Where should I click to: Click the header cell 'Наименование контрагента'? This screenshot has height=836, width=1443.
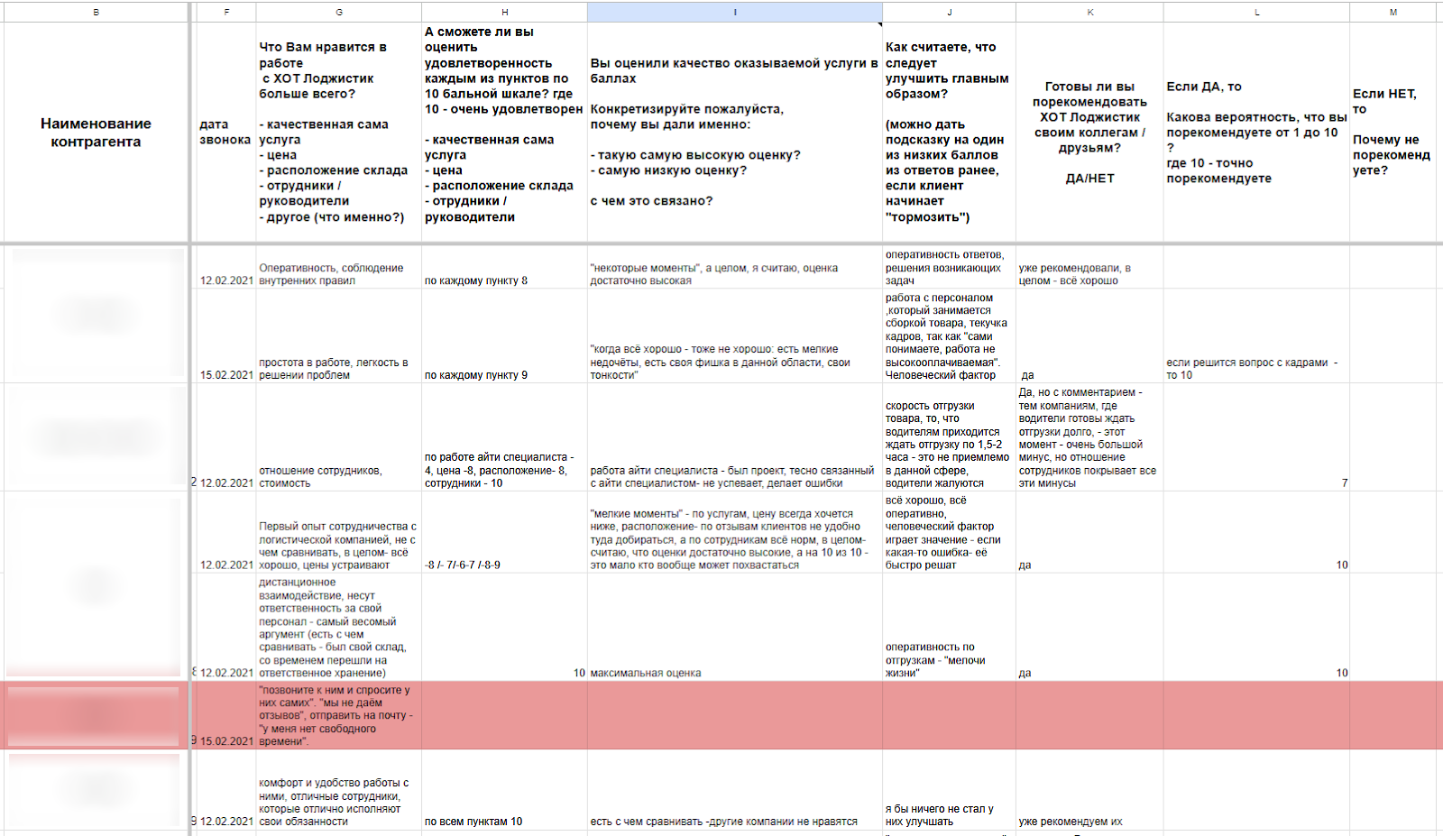click(96, 133)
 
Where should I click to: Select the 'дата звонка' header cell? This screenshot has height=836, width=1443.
click(225, 133)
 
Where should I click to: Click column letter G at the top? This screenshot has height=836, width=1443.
click(338, 12)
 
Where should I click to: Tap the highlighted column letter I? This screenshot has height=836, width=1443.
click(734, 12)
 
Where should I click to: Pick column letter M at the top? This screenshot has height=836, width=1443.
click(1392, 12)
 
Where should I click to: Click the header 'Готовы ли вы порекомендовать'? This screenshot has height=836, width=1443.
click(1089, 133)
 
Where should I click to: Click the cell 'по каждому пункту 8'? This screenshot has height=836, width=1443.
click(476, 280)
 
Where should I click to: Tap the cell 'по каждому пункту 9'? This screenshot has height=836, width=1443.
click(476, 375)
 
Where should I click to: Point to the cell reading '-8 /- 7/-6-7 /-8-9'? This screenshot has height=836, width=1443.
click(463, 565)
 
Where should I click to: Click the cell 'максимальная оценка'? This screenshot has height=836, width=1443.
click(646, 673)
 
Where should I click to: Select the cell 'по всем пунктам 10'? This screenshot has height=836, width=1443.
click(473, 822)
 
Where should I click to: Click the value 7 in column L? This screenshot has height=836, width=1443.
click(1344, 483)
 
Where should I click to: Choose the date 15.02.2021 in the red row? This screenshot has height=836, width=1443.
click(226, 741)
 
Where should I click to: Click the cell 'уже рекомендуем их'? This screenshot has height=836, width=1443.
click(1071, 822)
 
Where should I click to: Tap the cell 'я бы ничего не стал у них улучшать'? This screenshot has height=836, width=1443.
click(940, 815)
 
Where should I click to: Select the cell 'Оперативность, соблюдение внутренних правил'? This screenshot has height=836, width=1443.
click(331, 274)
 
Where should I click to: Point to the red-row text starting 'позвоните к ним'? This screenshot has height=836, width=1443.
click(335, 715)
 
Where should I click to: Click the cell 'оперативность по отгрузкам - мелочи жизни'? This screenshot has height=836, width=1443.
click(935, 660)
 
